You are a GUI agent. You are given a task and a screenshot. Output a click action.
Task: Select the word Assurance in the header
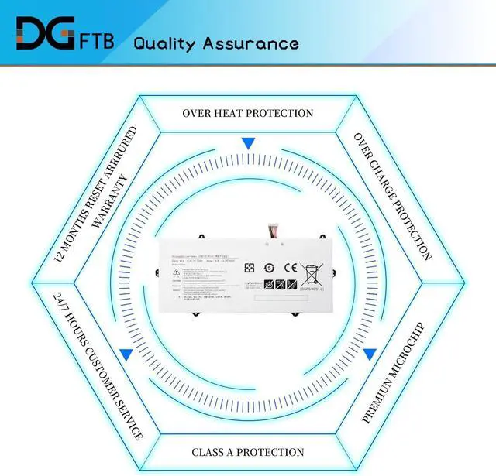pos(250,43)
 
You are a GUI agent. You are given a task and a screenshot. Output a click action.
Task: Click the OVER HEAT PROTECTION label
pos(248,113)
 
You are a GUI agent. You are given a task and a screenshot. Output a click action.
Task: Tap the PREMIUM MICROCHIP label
pos(394,372)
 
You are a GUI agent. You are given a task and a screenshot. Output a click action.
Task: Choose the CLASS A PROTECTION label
pos(248,452)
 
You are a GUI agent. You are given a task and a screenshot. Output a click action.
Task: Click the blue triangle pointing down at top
pos(248,143)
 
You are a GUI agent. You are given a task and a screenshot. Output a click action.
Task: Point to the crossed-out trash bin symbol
pos(313,272)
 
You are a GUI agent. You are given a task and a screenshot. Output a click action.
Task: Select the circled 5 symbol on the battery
pos(269,268)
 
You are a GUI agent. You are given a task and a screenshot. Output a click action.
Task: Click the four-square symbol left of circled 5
pos(250,268)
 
